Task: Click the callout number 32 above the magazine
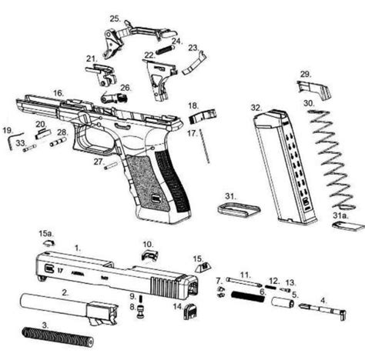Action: coord(255,109)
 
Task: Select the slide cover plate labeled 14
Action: coord(187,310)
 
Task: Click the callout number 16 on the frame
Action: coord(58,93)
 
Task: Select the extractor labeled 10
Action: coord(149,252)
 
